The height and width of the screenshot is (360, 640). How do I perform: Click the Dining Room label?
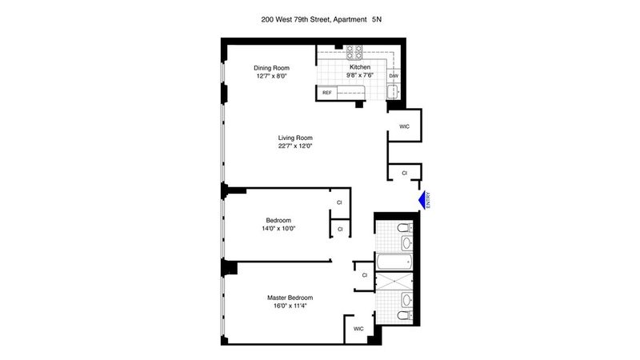pyautogui.click(x=271, y=68)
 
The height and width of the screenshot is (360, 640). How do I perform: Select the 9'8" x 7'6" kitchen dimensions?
pyautogui.click(x=360, y=75)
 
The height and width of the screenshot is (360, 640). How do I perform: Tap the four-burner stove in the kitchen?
pyautogui.click(x=354, y=52)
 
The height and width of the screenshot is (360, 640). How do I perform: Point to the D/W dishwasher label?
pyautogui.click(x=394, y=76)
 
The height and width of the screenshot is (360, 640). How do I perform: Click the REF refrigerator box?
pyautogui.click(x=327, y=93)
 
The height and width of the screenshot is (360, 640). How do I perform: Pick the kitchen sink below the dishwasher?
pyautogui.click(x=393, y=92)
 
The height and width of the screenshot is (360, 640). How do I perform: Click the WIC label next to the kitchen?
pyautogui.click(x=404, y=126)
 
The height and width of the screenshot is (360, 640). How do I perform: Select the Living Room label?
pyautogui.click(x=295, y=138)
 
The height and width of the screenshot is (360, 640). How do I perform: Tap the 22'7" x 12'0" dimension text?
pyautogui.click(x=295, y=146)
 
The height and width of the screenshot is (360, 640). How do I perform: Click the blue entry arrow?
pyautogui.click(x=422, y=200)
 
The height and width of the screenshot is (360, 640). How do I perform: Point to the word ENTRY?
pyautogui.click(x=428, y=201)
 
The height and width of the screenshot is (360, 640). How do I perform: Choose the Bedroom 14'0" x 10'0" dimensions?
pyautogui.click(x=278, y=229)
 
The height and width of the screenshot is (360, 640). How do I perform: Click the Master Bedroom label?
pyautogui.click(x=290, y=298)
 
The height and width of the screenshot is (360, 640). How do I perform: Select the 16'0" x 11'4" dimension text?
pyautogui.click(x=290, y=306)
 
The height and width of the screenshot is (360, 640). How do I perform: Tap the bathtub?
pyautogui.click(x=394, y=262)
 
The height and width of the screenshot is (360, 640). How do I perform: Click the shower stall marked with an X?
pyautogui.click(x=394, y=282)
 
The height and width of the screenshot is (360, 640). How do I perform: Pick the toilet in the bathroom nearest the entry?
pyautogui.click(x=405, y=227)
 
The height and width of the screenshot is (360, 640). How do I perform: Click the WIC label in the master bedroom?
pyautogui.click(x=358, y=329)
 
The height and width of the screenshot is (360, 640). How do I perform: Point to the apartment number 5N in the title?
pyautogui.click(x=377, y=19)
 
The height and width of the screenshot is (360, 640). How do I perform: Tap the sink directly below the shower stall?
pyautogui.click(x=406, y=301)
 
